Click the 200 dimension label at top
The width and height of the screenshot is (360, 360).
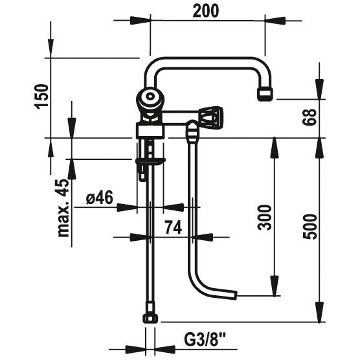click(206, 11)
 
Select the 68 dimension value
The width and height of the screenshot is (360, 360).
click(309, 117)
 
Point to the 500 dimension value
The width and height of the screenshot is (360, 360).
click(309, 227)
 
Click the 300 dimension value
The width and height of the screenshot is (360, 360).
click(265, 218)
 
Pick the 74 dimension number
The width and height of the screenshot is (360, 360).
click(174, 227)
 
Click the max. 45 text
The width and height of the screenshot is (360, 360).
click(63, 208)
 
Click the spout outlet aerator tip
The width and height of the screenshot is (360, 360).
click(266, 95)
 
